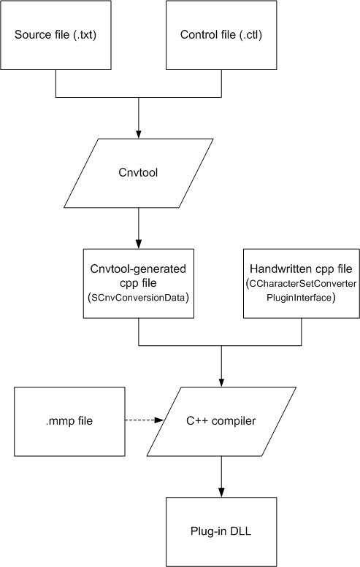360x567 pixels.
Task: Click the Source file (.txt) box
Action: pyautogui.click(x=55, y=35)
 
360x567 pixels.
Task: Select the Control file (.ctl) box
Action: pyautogui.click(x=221, y=35)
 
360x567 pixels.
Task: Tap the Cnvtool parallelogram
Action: pyautogui.click(x=139, y=173)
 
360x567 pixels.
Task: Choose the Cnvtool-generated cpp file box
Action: pyautogui.click(x=139, y=283)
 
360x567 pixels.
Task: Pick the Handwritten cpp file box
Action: pyautogui.click(x=302, y=283)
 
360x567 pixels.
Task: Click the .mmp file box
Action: pyautogui.click(x=69, y=421)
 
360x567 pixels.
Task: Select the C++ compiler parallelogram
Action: pyautogui.click(x=221, y=421)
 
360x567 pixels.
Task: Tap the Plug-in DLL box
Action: pyautogui.click(x=221, y=531)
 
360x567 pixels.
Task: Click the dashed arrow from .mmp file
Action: pyautogui.click(x=145, y=420)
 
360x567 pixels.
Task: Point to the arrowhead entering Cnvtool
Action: pyautogui.click(x=139, y=134)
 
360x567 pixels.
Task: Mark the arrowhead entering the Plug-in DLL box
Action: pyautogui.click(x=221, y=493)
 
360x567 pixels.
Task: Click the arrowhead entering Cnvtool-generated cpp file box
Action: pyautogui.click(x=139, y=244)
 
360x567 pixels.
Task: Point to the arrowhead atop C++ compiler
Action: pyautogui.click(x=221, y=382)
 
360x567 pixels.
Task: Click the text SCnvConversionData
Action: pyautogui.click(x=138, y=298)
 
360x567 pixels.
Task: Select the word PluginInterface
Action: pyautogui.click(x=299, y=298)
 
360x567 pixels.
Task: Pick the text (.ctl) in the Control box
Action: pyautogui.click(x=250, y=35)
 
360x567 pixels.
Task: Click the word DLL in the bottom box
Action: pyautogui.click(x=240, y=531)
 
